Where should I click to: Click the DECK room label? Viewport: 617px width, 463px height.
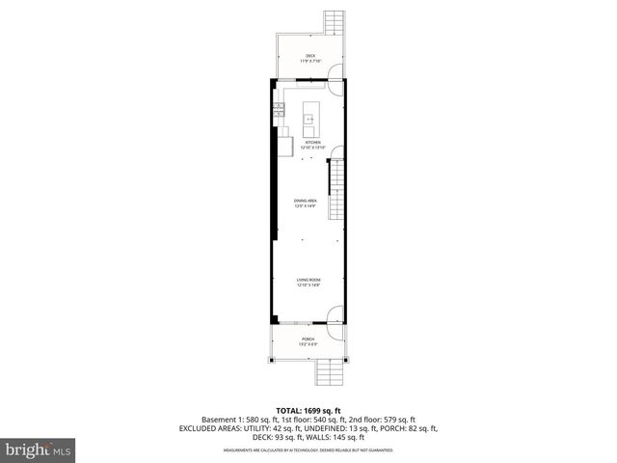(310, 55)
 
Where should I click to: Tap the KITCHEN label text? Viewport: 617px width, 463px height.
(312, 142)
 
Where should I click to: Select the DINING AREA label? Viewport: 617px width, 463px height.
(306, 201)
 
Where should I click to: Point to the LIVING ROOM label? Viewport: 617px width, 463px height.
(308, 280)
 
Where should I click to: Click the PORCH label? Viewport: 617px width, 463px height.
(308, 339)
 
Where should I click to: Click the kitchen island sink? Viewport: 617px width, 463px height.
(310, 119)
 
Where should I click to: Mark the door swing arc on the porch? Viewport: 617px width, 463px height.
(333, 330)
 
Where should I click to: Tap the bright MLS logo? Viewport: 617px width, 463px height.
(38, 449)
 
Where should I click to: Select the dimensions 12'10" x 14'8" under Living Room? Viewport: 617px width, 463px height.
(308, 286)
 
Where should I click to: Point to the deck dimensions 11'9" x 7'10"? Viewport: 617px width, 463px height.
(310, 61)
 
